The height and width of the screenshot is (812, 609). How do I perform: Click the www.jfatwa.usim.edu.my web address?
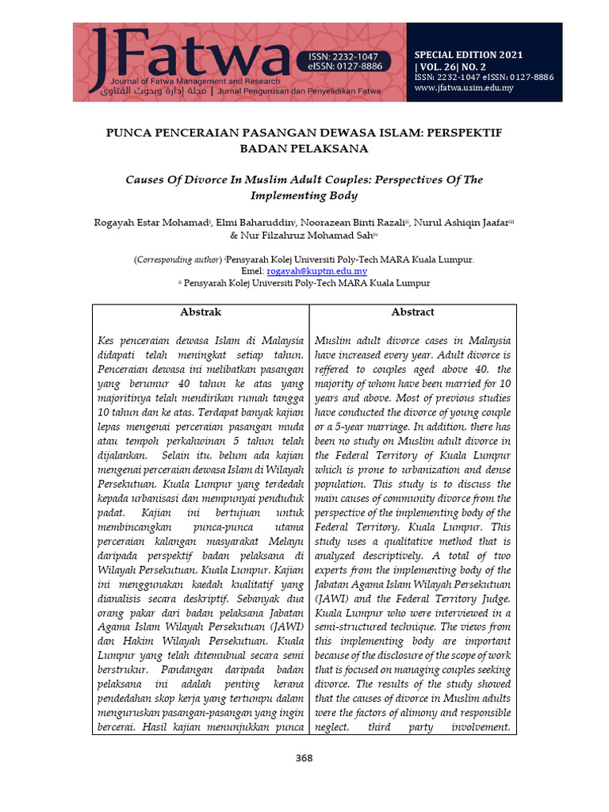tap(464, 88)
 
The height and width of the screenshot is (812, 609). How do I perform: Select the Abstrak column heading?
tap(201, 312)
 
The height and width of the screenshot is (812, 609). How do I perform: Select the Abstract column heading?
tap(412, 312)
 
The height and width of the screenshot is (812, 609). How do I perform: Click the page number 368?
tap(304, 758)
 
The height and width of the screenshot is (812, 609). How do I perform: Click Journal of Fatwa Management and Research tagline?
tap(195, 82)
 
